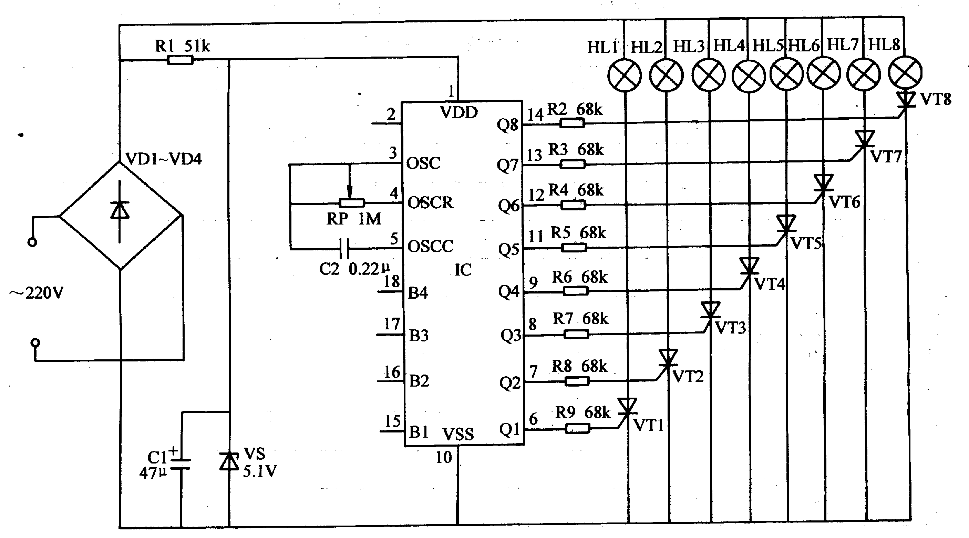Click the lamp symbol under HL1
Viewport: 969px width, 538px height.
[x=625, y=74]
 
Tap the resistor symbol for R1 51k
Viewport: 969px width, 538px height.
[x=180, y=60]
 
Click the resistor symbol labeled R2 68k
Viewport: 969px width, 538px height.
[x=572, y=123]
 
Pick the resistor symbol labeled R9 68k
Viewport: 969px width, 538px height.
[x=577, y=428]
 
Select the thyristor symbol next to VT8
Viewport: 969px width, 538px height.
[x=906, y=102]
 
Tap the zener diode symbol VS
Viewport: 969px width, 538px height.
[x=229, y=461]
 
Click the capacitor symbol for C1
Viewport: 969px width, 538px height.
[x=181, y=464]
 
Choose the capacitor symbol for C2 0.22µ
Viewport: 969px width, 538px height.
[x=344, y=249]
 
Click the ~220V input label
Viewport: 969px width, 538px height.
[x=37, y=292]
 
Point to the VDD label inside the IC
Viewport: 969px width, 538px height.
[x=458, y=112]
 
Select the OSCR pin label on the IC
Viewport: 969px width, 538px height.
[x=430, y=202]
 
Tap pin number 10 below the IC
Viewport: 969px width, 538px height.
[x=444, y=457]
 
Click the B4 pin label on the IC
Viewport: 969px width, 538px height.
[x=418, y=293]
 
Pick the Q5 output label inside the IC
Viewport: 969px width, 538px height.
[x=508, y=250]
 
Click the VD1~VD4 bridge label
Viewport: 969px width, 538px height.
[x=163, y=159]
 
